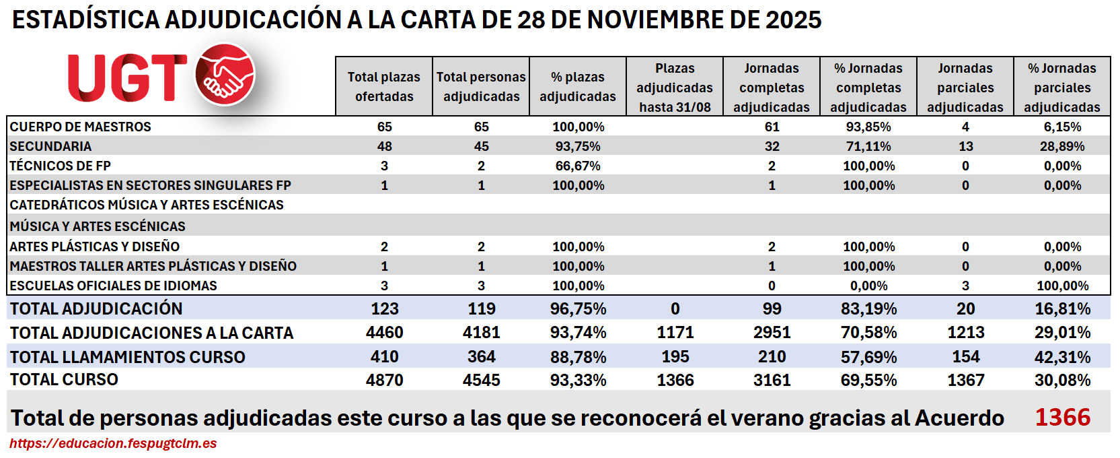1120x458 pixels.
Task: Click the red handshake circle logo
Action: tap(225, 74)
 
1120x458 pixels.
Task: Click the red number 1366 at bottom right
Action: tap(1062, 418)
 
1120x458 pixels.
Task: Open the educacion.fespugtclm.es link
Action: tap(113, 443)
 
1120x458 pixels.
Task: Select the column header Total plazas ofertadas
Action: tap(384, 87)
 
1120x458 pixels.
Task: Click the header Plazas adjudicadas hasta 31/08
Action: tap(675, 88)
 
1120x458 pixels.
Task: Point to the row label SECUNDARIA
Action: tap(50, 146)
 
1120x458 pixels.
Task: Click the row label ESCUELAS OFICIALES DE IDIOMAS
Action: tap(113, 286)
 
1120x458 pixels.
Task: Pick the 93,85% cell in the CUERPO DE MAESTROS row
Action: tap(868, 127)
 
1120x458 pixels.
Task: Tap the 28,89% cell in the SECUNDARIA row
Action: tap(1062, 146)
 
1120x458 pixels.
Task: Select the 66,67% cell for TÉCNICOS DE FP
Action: tap(578, 166)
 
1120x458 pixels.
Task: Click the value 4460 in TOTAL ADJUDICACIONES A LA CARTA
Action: tap(384, 333)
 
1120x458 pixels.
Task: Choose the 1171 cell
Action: tap(675, 333)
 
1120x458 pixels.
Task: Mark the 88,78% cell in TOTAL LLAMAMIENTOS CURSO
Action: tap(578, 357)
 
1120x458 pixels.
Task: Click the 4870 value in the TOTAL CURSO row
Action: tap(384, 380)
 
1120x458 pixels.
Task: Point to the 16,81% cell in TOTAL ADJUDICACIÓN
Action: tap(1062, 309)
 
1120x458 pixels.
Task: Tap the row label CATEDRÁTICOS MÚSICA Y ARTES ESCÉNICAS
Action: tap(147, 205)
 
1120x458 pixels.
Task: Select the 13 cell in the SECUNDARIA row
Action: tap(965, 146)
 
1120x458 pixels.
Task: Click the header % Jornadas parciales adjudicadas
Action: tap(1062, 88)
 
